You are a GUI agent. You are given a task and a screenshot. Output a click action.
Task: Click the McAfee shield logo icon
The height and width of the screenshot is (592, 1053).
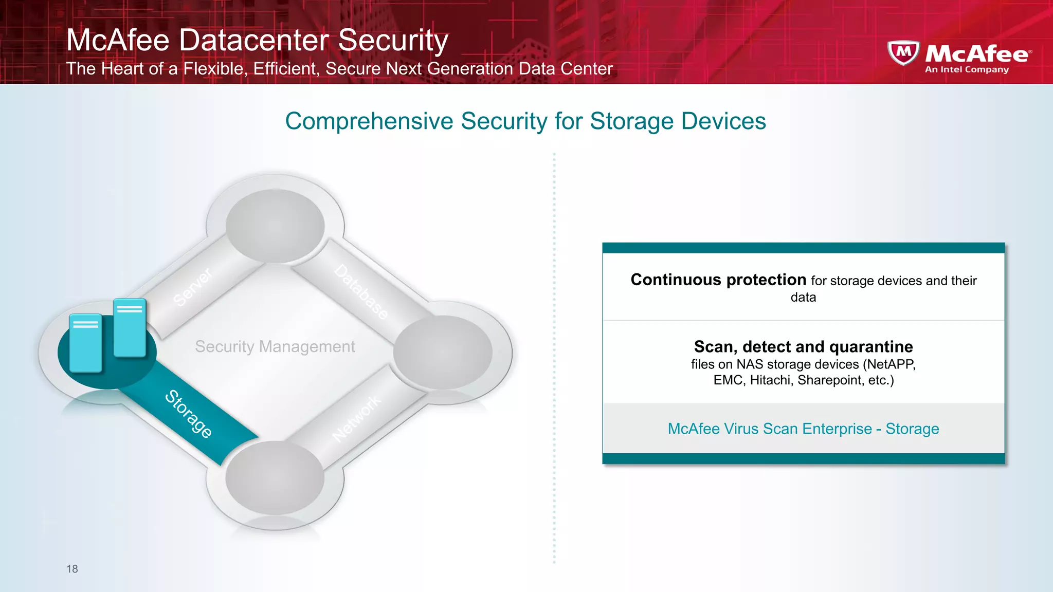[x=903, y=52]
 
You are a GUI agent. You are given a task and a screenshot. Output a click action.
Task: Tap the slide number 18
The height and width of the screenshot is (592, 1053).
[x=72, y=569]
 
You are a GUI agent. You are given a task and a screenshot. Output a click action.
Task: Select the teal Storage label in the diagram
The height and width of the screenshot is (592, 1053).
[x=188, y=414]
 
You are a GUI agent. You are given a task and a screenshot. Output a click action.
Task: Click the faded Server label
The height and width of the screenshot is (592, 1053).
[x=192, y=287]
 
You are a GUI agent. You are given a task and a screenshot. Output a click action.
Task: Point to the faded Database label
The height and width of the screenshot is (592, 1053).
[x=361, y=292]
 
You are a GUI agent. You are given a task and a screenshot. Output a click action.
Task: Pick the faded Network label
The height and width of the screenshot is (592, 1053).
[x=357, y=418]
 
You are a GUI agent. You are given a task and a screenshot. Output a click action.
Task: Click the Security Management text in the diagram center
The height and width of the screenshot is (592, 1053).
[x=275, y=346]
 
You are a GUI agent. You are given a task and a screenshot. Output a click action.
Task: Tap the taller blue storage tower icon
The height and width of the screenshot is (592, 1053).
[x=130, y=327]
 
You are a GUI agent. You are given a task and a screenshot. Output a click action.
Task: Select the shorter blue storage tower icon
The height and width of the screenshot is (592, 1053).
[x=85, y=343]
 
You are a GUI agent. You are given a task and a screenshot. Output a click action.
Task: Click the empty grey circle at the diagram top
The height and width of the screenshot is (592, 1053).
[x=275, y=226]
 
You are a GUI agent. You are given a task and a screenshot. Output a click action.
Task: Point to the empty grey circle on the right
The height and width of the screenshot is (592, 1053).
[x=443, y=353]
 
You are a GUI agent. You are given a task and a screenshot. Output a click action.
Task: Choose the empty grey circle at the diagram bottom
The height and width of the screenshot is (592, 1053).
[x=275, y=478]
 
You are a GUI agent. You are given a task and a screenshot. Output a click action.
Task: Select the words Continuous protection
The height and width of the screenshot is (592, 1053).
[x=718, y=280]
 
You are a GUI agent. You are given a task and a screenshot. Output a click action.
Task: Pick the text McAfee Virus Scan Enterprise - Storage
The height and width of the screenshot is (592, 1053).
[x=803, y=429]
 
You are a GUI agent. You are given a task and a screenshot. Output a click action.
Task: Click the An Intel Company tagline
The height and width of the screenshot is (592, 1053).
[x=967, y=69]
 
